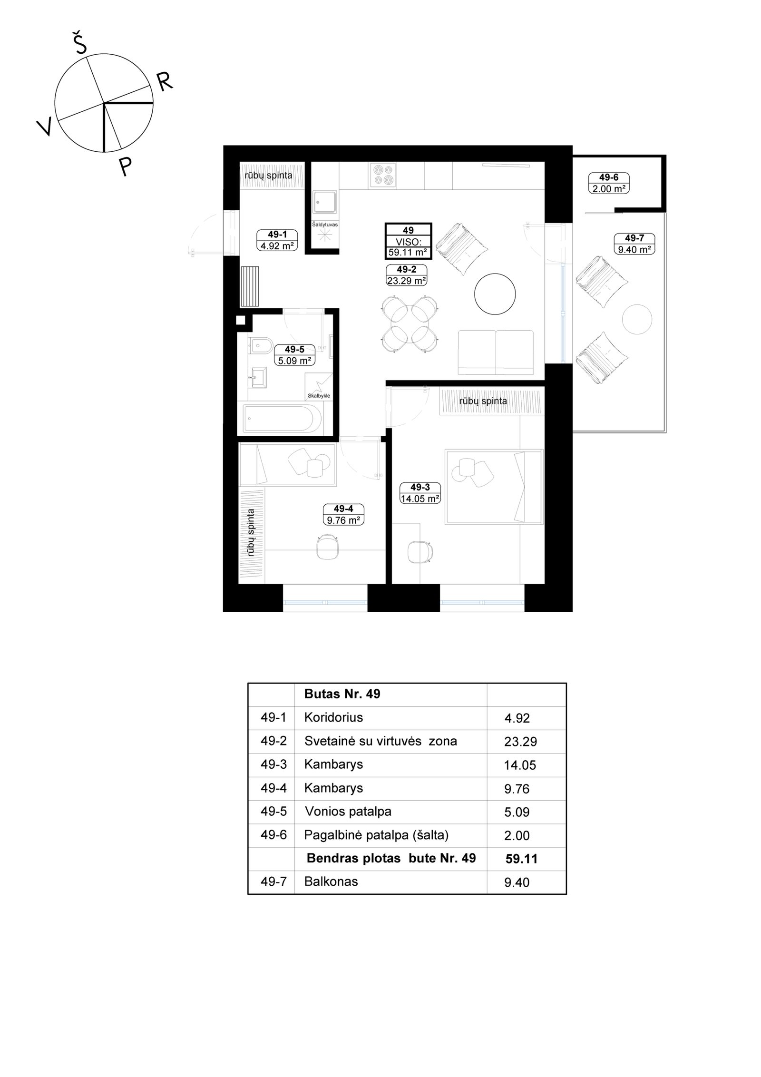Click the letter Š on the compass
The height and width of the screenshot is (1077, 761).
point(80,43)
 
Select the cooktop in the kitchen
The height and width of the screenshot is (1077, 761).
point(382,175)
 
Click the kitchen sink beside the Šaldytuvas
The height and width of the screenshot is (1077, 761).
point(324,202)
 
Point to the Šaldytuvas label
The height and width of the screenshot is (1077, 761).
point(325,225)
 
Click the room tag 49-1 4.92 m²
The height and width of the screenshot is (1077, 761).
point(277,240)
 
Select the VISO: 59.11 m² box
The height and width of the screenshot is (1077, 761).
point(408,241)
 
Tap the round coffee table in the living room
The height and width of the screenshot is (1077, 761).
point(495,294)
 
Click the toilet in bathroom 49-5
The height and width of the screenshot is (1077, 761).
point(260,345)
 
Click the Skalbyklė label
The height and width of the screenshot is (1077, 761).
point(319,396)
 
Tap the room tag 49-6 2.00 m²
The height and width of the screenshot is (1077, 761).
point(609,183)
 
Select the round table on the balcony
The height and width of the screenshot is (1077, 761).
point(637,319)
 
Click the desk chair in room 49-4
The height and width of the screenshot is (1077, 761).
point(328,546)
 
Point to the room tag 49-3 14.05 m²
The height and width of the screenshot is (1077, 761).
point(420,493)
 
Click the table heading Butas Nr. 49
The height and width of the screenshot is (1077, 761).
point(342,694)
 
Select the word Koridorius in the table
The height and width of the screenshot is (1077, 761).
point(333,717)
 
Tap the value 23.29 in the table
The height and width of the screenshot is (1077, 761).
point(520,742)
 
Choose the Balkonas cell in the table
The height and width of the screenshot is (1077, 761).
point(331,881)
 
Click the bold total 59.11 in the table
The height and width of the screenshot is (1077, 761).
point(521,859)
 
